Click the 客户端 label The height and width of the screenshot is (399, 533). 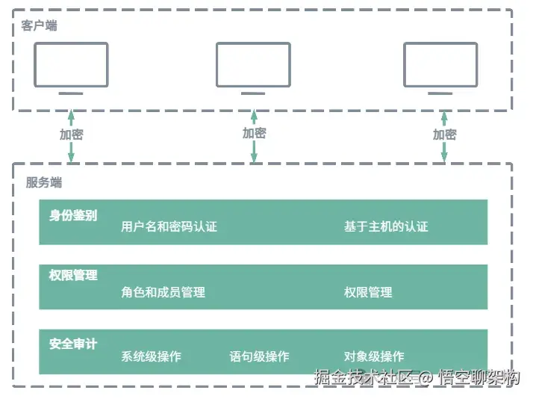click(x=39, y=25)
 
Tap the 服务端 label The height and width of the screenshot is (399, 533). click(x=43, y=182)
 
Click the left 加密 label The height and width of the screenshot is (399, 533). click(x=71, y=134)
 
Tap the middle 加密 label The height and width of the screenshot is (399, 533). click(x=254, y=133)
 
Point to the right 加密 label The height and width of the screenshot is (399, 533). click(x=444, y=134)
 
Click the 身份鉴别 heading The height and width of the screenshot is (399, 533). click(x=73, y=215)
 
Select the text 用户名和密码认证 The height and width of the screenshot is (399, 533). click(x=169, y=226)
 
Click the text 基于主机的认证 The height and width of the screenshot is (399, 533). click(x=386, y=226)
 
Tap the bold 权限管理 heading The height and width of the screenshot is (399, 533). click(x=73, y=275)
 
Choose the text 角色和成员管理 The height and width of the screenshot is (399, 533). click(x=163, y=292)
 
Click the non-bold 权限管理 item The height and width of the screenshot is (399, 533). click(x=368, y=292)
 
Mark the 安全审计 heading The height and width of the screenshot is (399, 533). click(x=73, y=344)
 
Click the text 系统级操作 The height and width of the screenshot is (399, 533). click(x=151, y=356)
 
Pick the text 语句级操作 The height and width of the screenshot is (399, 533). click(x=259, y=356)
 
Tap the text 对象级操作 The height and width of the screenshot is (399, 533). click(x=374, y=356)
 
